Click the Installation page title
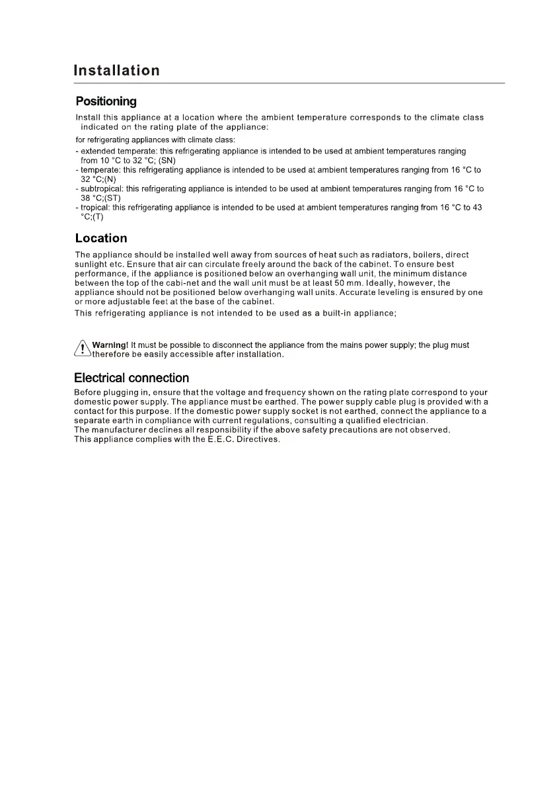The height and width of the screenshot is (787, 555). point(116,70)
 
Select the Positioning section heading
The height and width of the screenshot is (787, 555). point(106,101)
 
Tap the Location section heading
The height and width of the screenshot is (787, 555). point(101,238)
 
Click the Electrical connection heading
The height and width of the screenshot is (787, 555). point(131,378)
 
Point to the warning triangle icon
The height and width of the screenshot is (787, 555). point(83,349)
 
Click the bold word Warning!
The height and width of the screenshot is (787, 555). point(110,345)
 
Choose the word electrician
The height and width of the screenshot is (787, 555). point(405,421)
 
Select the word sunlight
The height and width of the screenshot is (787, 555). point(92,265)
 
